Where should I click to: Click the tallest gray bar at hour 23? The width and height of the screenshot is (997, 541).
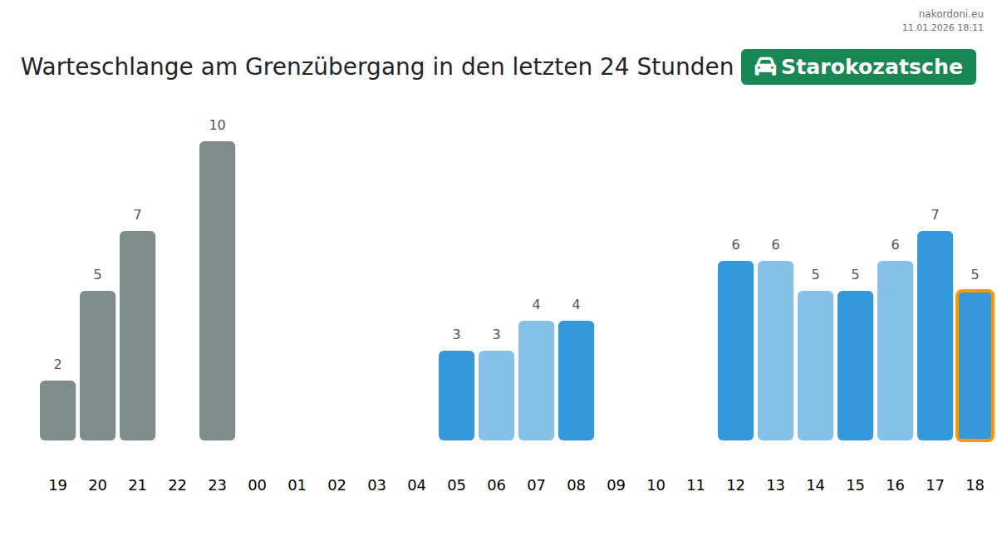[217, 291]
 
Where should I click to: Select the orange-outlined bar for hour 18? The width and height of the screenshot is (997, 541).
[975, 365]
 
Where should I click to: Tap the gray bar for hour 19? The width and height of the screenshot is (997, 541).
[57, 411]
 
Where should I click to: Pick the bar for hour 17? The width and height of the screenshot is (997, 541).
[935, 336]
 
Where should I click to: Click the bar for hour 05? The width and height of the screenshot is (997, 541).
[456, 396]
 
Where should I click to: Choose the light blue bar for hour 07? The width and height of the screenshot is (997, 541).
[536, 381]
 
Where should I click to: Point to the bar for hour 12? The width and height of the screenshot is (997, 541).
[735, 351]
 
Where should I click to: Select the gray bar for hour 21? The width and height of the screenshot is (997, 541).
[137, 336]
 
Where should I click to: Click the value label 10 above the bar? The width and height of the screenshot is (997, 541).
[217, 125]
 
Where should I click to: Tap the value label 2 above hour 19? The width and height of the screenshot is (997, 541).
[57, 365]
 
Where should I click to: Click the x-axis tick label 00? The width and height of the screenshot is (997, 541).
[257, 485]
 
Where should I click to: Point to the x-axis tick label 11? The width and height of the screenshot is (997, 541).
[695, 485]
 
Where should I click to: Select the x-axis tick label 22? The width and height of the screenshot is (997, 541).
[177, 485]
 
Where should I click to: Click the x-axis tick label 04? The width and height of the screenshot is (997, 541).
[416, 485]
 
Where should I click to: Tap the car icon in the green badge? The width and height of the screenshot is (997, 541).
[764, 66]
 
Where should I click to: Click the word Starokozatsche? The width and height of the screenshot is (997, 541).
[872, 66]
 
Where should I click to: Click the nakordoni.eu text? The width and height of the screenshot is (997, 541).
[950, 14]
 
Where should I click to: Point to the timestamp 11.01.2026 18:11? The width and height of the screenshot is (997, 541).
[942, 27]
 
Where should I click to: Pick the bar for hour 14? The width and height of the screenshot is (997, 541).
[815, 366]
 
